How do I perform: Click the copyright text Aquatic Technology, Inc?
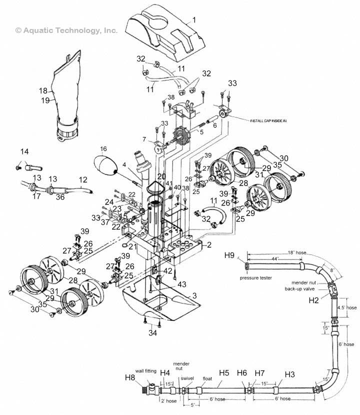66,30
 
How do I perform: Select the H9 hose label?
229,255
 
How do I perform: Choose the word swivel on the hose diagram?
187,379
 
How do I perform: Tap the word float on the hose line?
207,379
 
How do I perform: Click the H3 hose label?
290,374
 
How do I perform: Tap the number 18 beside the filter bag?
43,91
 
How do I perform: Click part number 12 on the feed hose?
82,179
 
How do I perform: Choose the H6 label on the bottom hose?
242,373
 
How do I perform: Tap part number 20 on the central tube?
160,176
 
